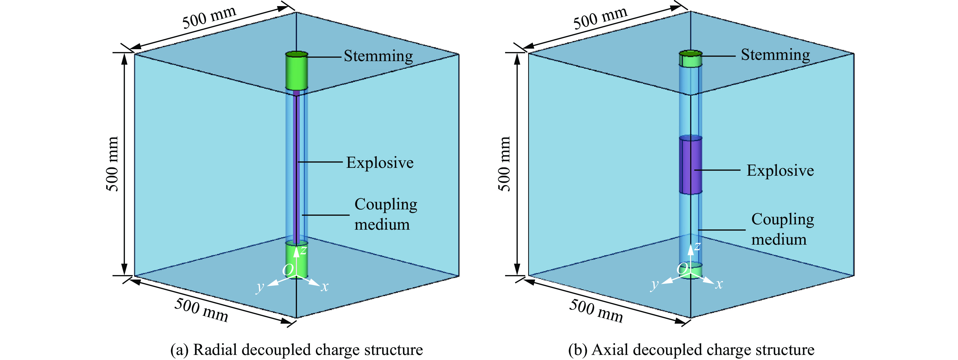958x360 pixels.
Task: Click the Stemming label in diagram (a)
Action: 378,56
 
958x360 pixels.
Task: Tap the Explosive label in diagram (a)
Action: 380,163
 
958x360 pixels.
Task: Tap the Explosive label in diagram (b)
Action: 780,171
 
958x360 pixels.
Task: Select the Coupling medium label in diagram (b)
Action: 782,229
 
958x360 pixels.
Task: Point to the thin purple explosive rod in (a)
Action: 297,167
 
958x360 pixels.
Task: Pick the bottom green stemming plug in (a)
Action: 297,260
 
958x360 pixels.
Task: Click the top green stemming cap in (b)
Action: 691,59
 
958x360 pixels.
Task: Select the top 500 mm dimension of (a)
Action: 209,17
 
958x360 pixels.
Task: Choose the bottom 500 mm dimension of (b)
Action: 596,311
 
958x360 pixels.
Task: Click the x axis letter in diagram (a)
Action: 325,287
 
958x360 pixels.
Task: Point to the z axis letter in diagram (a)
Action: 304,250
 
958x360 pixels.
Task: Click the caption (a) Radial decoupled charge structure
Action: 297,350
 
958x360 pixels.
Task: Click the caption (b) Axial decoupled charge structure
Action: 691,350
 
